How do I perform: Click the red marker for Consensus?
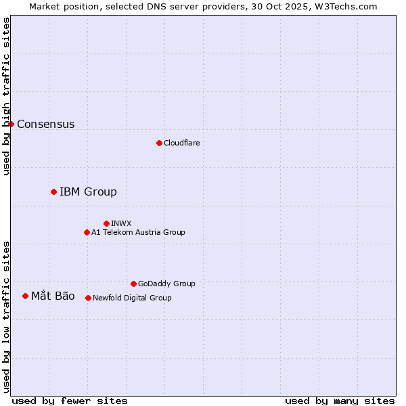point(11,124)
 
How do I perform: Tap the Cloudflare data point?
point(159,143)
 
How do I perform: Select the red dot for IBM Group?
point(53,191)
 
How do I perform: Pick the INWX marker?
point(106,223)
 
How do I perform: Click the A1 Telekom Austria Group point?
point(87,232)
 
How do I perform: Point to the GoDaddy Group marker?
point(133,284)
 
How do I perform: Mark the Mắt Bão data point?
point(25,296)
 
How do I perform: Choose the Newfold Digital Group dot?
point(88,298)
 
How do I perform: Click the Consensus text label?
point(45,124)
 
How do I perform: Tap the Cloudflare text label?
point(181,143)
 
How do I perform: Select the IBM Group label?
point(88,191)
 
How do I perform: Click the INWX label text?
point(121,223)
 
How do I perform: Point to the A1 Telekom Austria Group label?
point(138,232)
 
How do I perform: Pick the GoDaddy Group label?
point(166,284)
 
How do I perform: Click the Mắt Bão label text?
point(53,296)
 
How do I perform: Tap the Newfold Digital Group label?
point(132,298)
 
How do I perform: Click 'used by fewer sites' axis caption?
point(70,401)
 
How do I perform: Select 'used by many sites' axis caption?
point(340,401)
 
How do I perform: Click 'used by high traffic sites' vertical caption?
point(6,96)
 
